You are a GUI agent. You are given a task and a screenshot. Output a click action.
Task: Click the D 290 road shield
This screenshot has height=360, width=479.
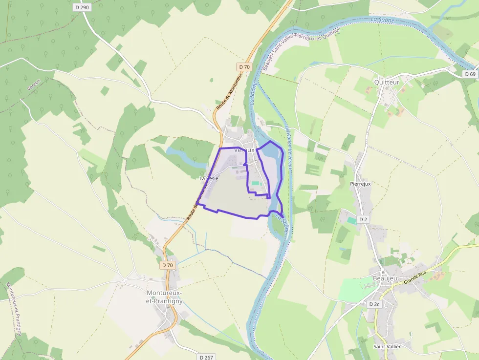pos(83,7)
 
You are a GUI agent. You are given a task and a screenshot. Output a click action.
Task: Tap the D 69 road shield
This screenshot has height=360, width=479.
pos(470,74)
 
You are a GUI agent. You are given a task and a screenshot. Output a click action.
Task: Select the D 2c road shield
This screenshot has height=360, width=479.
pos(374,304)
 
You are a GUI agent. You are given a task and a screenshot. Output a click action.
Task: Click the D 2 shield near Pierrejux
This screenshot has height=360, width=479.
pos(363,219)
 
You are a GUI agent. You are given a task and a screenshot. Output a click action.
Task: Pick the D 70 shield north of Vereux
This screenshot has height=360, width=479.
pos(244,66)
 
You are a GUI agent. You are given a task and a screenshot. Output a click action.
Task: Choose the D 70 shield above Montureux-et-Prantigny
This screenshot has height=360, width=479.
pos(167,265)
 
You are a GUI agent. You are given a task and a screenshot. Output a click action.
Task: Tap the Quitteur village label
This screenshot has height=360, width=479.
pos(387,82)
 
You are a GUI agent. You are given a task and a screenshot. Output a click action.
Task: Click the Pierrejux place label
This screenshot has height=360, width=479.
pos(361,184)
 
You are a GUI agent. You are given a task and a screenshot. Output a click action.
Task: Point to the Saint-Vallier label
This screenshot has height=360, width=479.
pos(387,346)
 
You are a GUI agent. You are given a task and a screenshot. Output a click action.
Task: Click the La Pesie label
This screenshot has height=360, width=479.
pos(209,178)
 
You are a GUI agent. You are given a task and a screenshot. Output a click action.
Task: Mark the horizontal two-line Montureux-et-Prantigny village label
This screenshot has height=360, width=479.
pos(165,296)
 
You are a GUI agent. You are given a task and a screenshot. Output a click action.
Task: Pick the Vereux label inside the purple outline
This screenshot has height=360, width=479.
pos(244,150)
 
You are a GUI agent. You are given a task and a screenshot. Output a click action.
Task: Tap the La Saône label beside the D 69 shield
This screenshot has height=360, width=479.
pos(382,20)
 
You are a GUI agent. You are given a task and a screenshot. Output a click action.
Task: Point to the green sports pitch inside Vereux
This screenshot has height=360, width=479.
pos(256,183)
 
